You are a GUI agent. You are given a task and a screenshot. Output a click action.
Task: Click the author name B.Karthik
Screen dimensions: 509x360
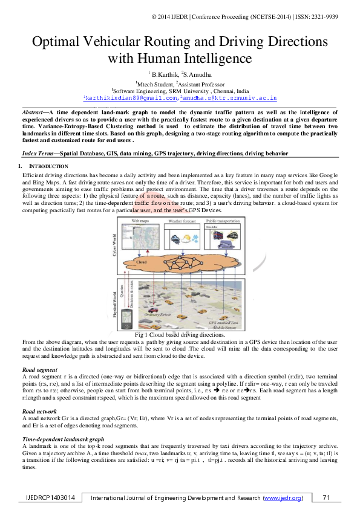[x=160, y=73]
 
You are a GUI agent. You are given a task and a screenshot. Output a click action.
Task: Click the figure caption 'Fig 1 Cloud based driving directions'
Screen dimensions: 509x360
[x=180, y=334]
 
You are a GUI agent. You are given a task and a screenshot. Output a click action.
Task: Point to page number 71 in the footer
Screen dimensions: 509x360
[x=327, y=498]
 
